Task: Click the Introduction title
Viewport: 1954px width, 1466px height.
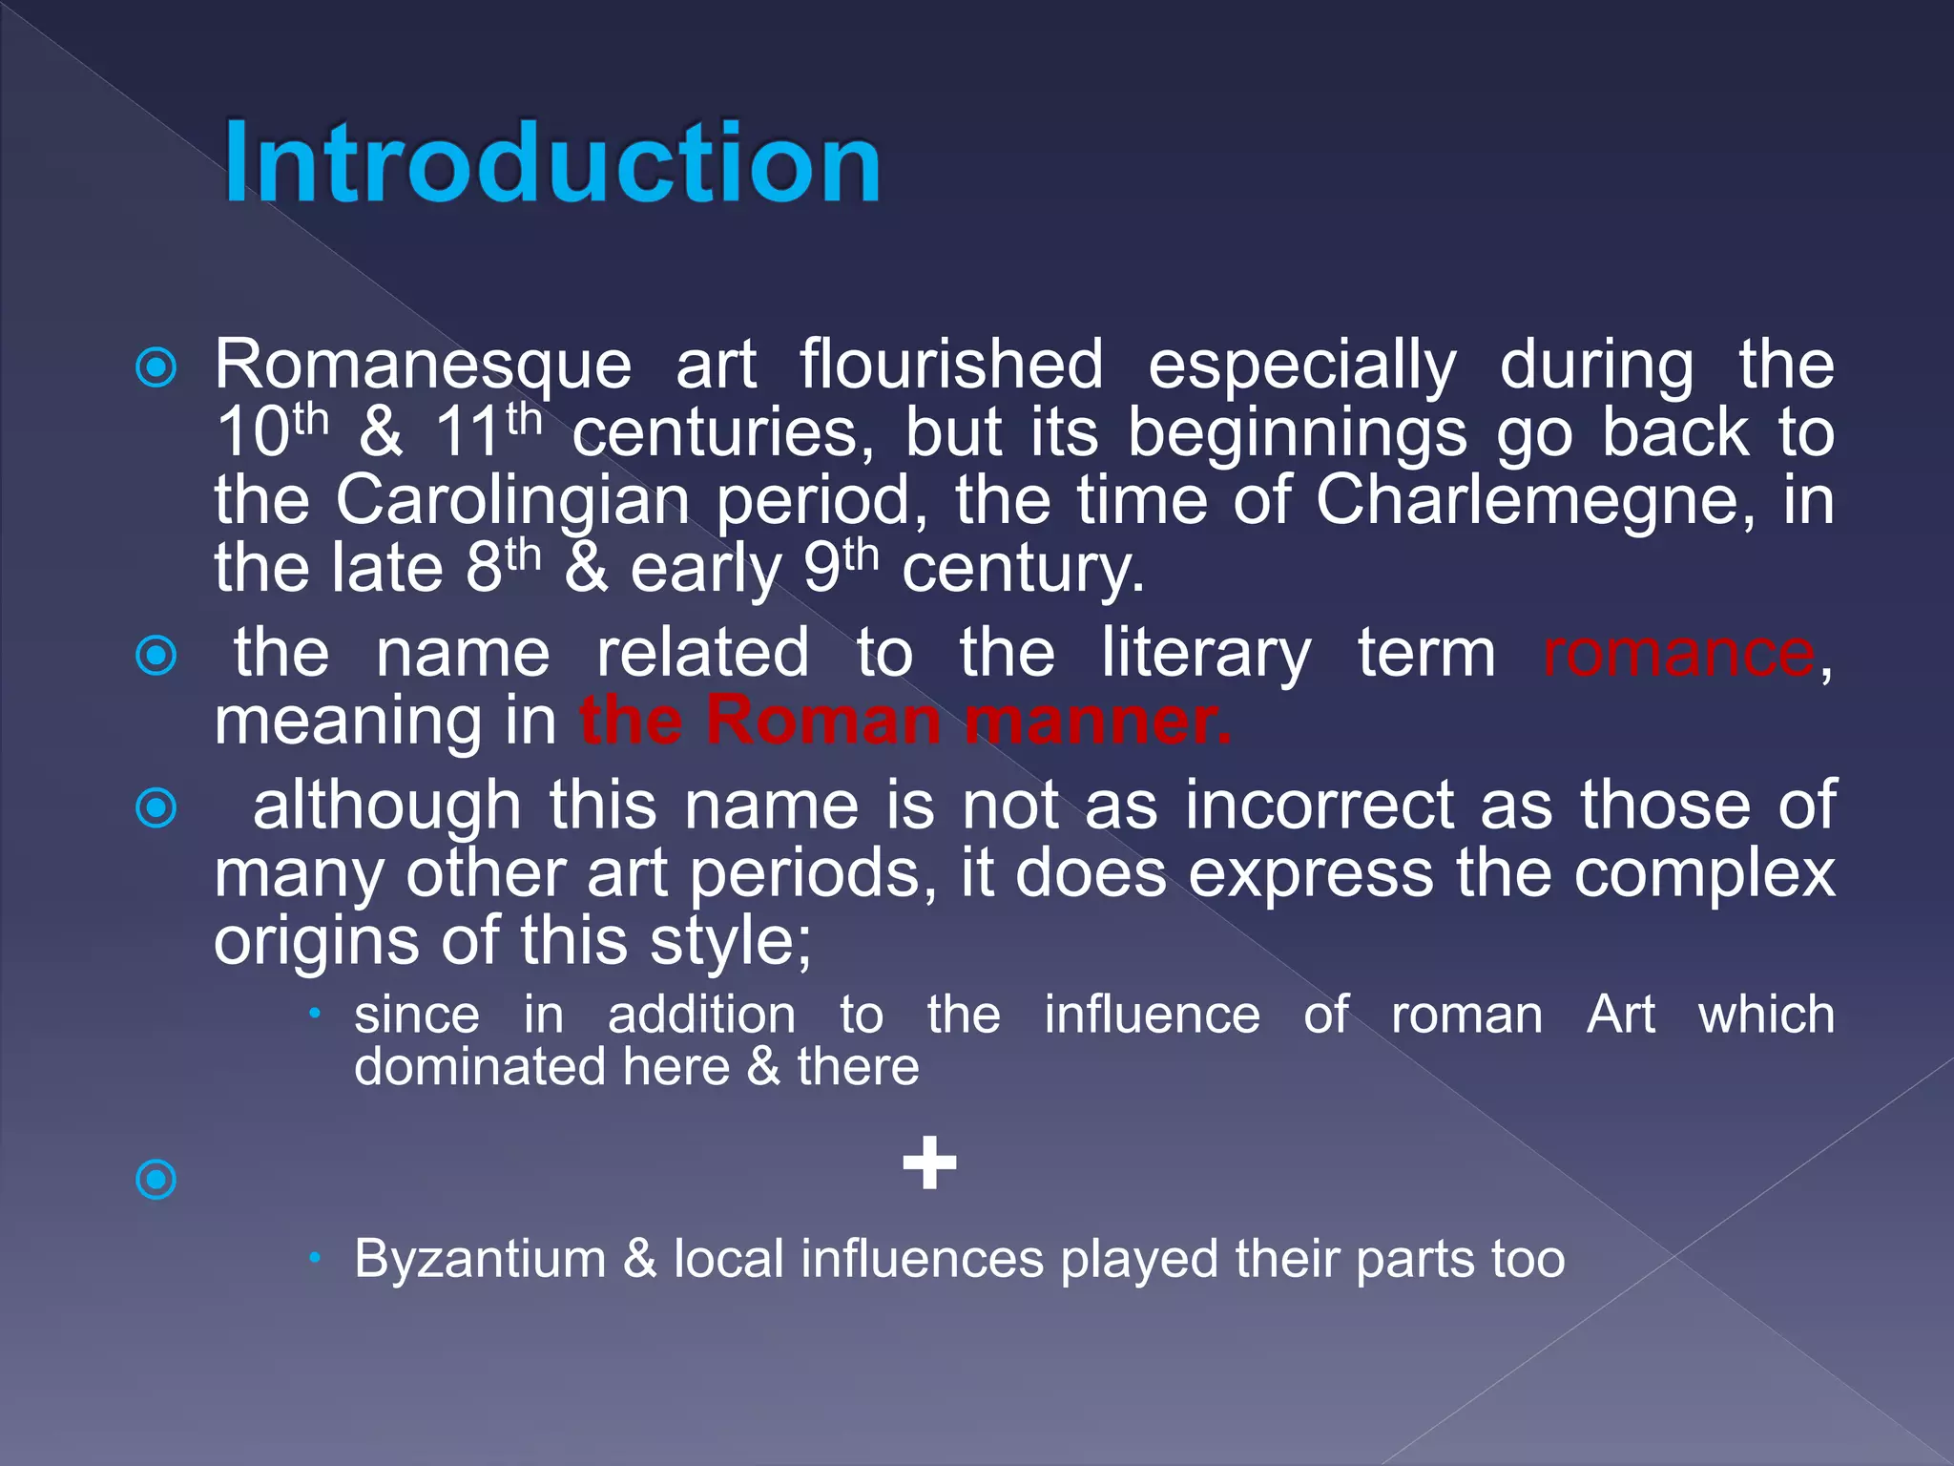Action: [551, 162]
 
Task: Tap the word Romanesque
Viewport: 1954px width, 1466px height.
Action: [423, 366]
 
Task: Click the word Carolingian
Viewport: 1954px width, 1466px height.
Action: [512, 502]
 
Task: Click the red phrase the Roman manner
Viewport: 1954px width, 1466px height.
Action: [904, 721]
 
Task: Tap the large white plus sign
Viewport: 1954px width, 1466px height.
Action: [929, 1162]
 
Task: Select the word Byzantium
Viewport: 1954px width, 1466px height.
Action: [480, 1259]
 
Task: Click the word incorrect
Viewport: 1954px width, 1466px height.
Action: [1319, 806]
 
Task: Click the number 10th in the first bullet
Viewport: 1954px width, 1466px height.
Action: [271, 432]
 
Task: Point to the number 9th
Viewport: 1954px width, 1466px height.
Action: [840, 568]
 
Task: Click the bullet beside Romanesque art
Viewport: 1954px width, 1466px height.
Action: [156, 367]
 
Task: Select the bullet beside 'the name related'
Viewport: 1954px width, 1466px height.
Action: [156, 656]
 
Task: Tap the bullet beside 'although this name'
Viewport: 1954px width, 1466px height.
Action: [156, 808]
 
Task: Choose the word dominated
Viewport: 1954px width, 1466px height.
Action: [479, 1067]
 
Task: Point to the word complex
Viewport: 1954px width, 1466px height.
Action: [1704, 874]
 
